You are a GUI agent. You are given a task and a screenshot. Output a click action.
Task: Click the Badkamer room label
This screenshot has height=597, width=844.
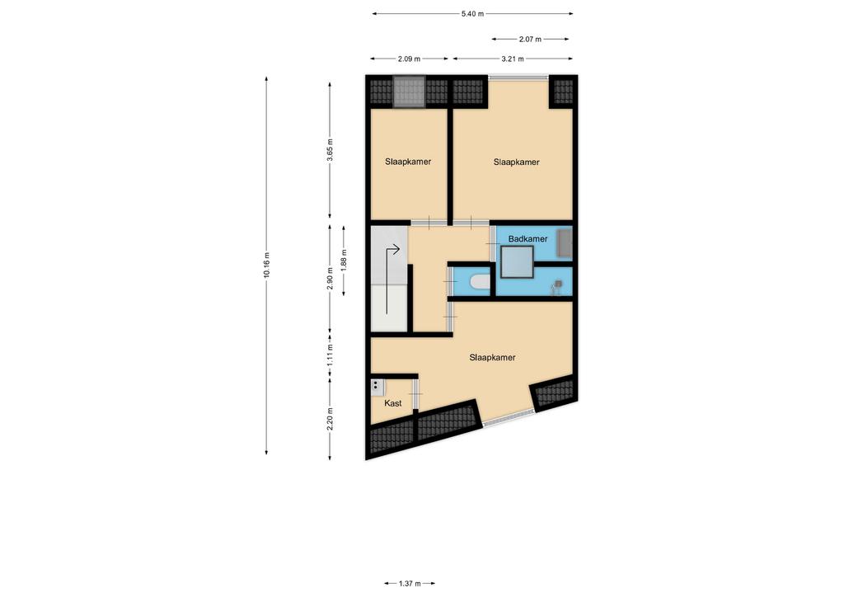click(527, 238)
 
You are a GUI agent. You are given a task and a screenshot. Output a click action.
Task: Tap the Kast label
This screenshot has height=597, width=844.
click(393, 402)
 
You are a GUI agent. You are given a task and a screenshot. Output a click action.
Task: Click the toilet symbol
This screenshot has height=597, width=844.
click(479, 282)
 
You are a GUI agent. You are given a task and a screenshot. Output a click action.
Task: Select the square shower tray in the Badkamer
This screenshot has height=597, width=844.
click(518, 261)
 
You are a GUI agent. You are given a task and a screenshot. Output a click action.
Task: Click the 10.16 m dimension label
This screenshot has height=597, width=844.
click(266, 265)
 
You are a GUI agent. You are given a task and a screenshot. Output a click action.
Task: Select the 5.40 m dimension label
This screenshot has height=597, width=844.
click(472, 14)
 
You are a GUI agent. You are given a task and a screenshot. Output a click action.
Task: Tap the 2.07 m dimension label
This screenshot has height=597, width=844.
click(530, 39)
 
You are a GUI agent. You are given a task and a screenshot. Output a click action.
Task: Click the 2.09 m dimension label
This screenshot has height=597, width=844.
click(409, 59)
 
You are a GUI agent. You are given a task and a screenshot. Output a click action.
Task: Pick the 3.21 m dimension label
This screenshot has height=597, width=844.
click(513, 59)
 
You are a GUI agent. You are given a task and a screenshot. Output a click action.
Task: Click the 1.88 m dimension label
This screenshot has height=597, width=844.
click(344, 260)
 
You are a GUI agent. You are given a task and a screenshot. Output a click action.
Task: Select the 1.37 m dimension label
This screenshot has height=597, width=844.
click(410, 583)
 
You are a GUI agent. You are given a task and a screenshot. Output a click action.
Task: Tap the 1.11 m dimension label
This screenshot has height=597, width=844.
click(330, 355)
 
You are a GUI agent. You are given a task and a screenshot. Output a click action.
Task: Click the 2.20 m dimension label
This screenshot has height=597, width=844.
click(330, 419)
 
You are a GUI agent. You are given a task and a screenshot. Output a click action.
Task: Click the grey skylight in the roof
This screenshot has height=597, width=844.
click(409, 92)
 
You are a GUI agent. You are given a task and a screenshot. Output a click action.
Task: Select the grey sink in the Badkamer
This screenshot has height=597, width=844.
click(564, 242)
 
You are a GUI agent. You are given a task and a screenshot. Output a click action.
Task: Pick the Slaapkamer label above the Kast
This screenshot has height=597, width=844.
click(492, 357)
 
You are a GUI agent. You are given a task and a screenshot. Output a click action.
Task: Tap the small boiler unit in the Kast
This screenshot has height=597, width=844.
click(377, 388)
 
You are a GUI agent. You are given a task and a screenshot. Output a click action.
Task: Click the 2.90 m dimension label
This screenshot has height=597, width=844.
click(330, 279)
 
